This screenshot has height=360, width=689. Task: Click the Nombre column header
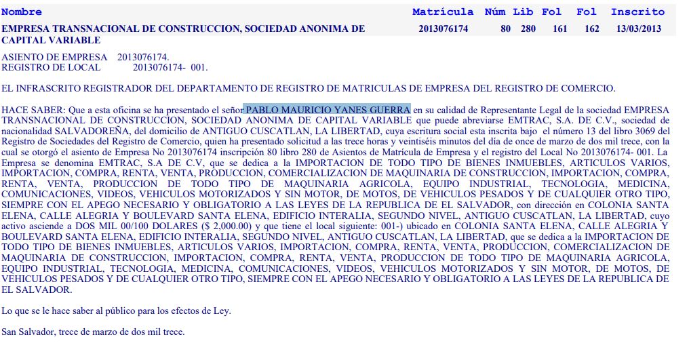point(22,12)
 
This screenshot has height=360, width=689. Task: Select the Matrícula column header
point(443,12)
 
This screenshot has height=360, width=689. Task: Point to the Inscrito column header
point(637,12)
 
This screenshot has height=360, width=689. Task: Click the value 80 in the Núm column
point(505,28)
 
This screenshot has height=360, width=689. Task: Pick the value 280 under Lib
point(528,28)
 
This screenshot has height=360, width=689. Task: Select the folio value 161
point(559,28)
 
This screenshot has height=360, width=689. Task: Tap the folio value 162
point(591,28)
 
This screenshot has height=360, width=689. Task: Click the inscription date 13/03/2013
point(639,28)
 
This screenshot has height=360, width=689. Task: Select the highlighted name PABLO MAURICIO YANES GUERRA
point(328,110)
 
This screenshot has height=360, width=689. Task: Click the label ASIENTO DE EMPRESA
point(55,57)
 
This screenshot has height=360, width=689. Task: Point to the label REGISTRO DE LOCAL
point(52,67)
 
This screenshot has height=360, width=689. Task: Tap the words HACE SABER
point(31,110)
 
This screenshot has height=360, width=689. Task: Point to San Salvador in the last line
point(28,332)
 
